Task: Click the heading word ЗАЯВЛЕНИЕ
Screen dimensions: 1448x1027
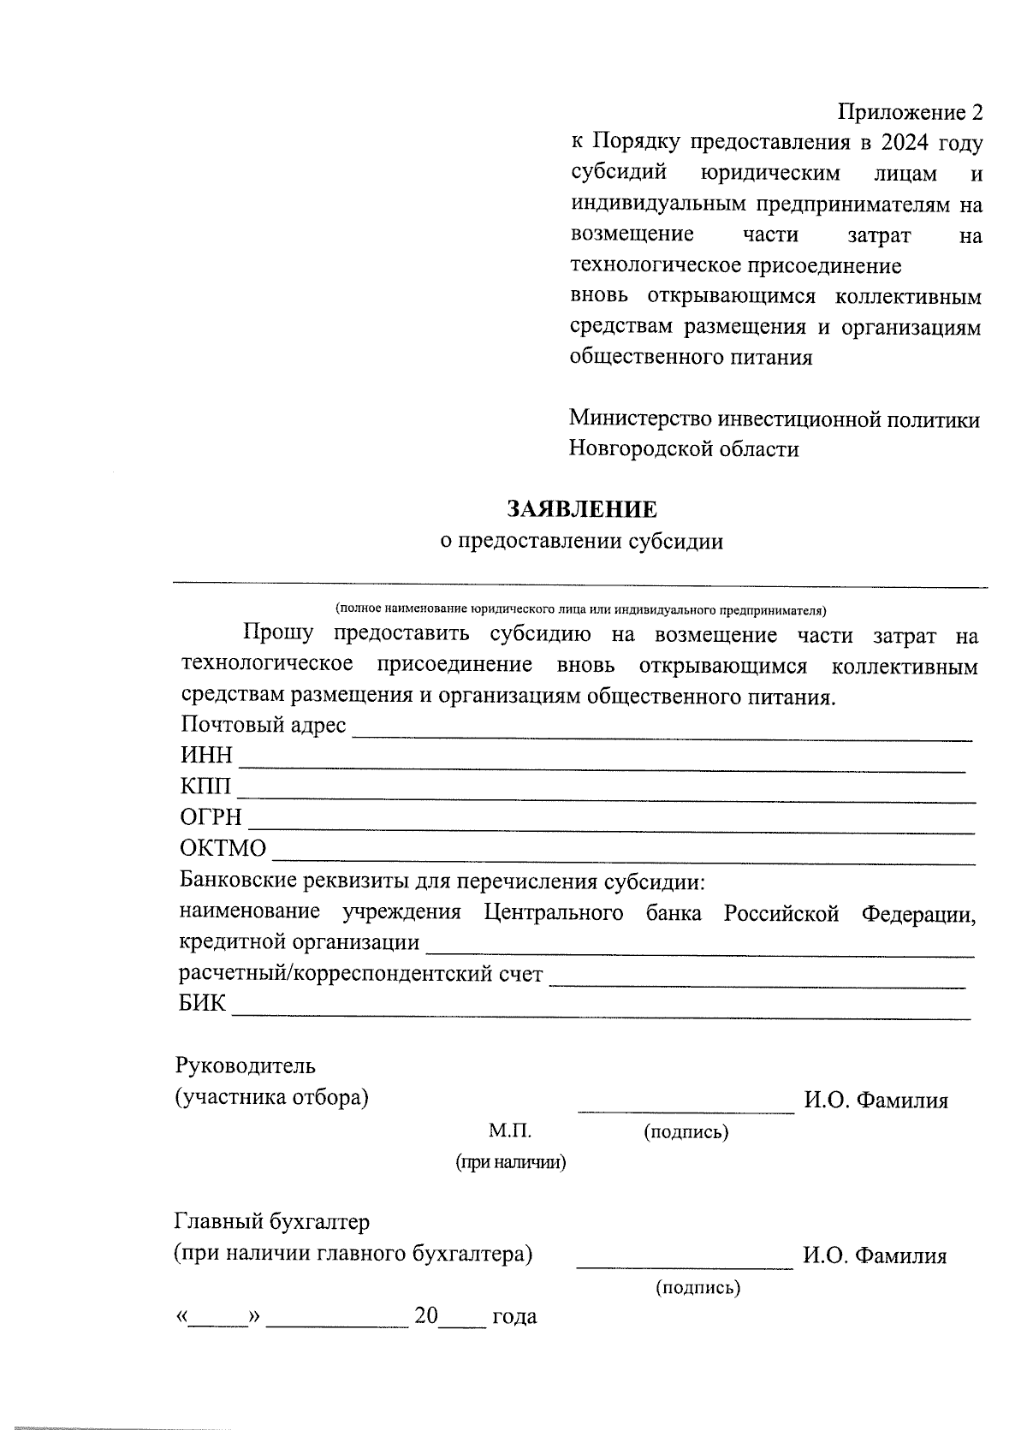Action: pos(582,510)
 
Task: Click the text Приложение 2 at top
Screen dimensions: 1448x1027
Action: pos(910,112)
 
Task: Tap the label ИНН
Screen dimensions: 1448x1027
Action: pos(206,756)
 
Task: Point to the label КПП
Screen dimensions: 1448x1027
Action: pos(205,786)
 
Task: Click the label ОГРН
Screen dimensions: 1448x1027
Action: pos(211,817)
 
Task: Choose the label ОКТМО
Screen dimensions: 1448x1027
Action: pos(223,848)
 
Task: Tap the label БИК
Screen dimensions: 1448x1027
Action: pos(203,1003)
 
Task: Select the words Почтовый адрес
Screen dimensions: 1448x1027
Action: pos(263,726)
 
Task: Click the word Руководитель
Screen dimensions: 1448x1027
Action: pos(245,1066)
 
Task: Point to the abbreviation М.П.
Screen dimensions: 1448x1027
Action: pos(510,1131)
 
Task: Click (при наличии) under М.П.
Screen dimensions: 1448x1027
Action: pos(511,1162)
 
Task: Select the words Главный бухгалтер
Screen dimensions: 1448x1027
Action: pos(272,1222)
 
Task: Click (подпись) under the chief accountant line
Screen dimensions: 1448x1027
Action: pos(698,1287)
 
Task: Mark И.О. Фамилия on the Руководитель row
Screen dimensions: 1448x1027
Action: pos(876,1101)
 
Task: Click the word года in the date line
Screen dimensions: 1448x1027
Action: pos(514,1316)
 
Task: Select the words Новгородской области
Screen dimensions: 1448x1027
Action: pos(684,449)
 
